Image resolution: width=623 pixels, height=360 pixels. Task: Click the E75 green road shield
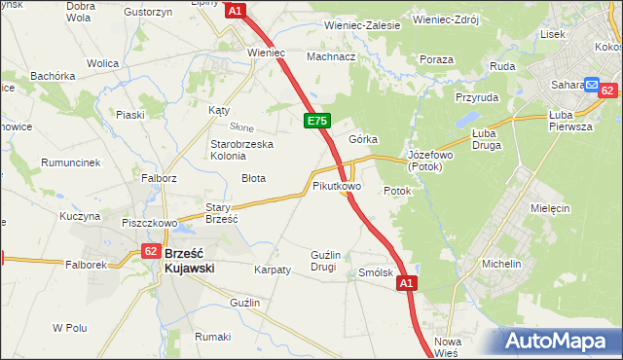pyautogui.click(x=317, y=121)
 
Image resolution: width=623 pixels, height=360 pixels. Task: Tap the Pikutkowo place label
pyautogui.click(x=337, y=185)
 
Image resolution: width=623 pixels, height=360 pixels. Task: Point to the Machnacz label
pyautogui.click(x=331, y=56)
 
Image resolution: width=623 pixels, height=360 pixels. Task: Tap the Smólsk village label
pyautogui.click(x=375, y=273)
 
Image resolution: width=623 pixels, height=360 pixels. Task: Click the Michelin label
pyautogui.click(x=502, y=264)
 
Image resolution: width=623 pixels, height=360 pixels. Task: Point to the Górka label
pyautogui.click(x=363, y=139)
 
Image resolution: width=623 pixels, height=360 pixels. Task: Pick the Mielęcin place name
pyautogui.click(x=549, y=208)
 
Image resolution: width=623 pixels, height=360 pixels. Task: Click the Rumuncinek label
pyautogui.click(x=71, y=162)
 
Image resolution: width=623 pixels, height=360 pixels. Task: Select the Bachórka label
pyautogui.click(x=53, y=75)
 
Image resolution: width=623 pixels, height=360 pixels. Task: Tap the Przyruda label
pyautogui.click(x=476, y=97)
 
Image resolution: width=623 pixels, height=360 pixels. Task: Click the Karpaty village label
pyautogui.click(x=273, y=270)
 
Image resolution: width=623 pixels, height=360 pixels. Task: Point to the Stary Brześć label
pyautogui.click(x=222, y=213)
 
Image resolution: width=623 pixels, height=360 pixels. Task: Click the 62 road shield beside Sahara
pyautogui.click(x=606, y=90)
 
